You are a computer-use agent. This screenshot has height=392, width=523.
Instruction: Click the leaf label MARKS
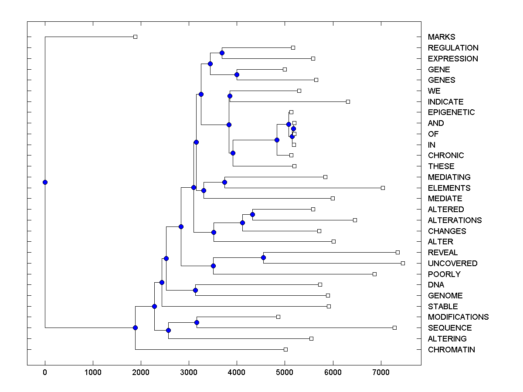click(x=441, y=37)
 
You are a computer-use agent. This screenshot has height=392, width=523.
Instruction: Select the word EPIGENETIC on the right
click(x=451, y=112)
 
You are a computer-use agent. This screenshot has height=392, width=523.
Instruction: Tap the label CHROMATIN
click(x=451, y=350)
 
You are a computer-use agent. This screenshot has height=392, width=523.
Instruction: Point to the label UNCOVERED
click(x=452, y=264)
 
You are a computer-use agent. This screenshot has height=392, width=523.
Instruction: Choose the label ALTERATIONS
click(x=455, y=220)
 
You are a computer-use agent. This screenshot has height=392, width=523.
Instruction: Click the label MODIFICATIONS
click(x=458, y=317)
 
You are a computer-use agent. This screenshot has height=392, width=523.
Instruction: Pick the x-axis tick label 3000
click(x=189, y=372)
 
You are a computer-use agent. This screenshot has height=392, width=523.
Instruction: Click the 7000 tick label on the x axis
click(x=381, y=372)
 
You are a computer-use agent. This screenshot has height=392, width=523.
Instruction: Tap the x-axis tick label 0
click(x=45, y=372)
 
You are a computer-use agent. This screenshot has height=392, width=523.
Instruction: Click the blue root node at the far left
click(x=45, y=182)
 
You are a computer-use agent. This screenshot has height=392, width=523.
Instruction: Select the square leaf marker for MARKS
click(x=135, y=37)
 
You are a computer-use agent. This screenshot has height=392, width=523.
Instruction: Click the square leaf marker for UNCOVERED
click(x=403, y=263)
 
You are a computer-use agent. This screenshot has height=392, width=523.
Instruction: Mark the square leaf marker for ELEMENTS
click(x=383, y=188)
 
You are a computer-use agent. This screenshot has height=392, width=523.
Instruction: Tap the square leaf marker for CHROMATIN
click(x=285, y=349)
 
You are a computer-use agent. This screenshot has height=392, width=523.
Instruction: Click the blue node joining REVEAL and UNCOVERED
click(x=263, y=257)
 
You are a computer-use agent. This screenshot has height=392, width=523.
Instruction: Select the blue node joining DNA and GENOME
click(x=195, y=290)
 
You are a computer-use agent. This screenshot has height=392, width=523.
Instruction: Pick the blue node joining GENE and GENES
click(x=237, y=74)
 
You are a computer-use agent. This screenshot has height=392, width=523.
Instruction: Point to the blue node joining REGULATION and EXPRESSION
click(x=222, y=53)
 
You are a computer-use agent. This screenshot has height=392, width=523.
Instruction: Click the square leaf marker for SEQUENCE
click(x=394, y=328)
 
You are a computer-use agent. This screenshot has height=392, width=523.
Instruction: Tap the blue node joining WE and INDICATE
click(x=230, y=96)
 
